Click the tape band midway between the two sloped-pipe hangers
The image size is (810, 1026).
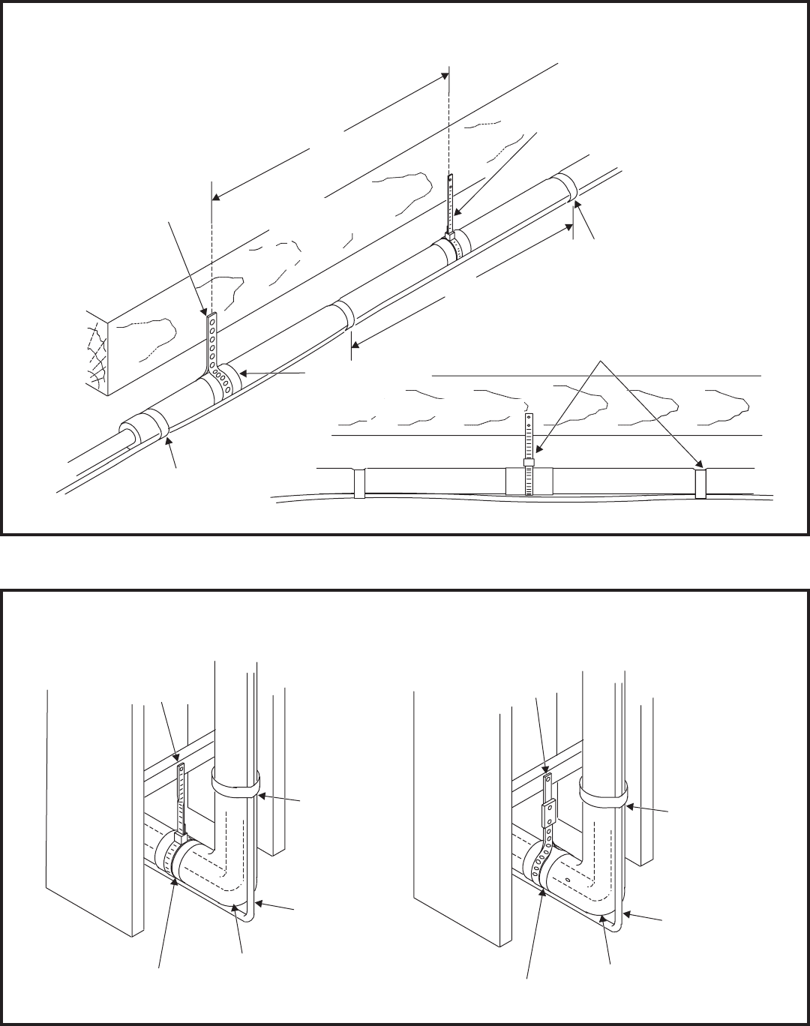[x=343, y=313]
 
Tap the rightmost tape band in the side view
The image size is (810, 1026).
[x=700, y=484]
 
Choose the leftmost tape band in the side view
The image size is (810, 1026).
[x=358, y=484]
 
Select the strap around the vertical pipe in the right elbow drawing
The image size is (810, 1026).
[x=603, y=793]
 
